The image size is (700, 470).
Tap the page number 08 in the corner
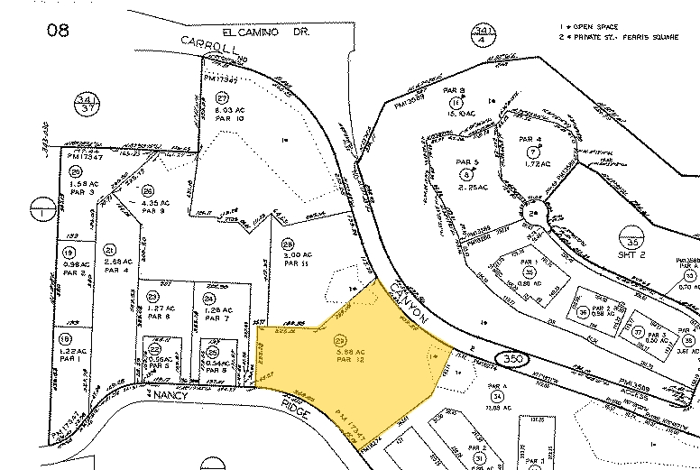[x=59, y=30]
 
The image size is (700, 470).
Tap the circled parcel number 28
[x=288, y=243]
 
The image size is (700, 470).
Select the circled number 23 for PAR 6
[x=153, y=296]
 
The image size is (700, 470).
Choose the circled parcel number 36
[x=585, y=313]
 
